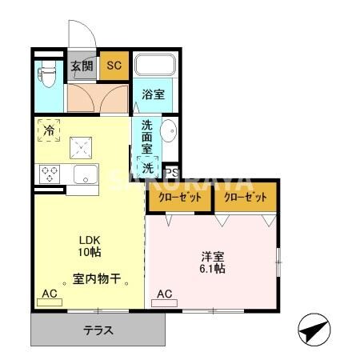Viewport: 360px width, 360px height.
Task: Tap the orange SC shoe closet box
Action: coord(114,66)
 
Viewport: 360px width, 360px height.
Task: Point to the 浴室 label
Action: coord(153,94)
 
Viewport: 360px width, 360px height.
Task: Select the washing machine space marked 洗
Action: coord(149,169)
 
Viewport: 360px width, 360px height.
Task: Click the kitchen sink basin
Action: coord(85,174)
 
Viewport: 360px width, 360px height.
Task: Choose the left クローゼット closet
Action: coord(179,197)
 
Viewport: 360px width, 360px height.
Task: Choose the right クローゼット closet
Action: coord(245,197)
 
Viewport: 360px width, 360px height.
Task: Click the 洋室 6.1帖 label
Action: coord(212,262)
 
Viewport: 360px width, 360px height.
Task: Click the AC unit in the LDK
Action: coord(50,295)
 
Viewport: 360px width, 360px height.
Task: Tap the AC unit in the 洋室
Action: coord(164,295)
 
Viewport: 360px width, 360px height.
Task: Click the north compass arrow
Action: coord(313,328)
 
